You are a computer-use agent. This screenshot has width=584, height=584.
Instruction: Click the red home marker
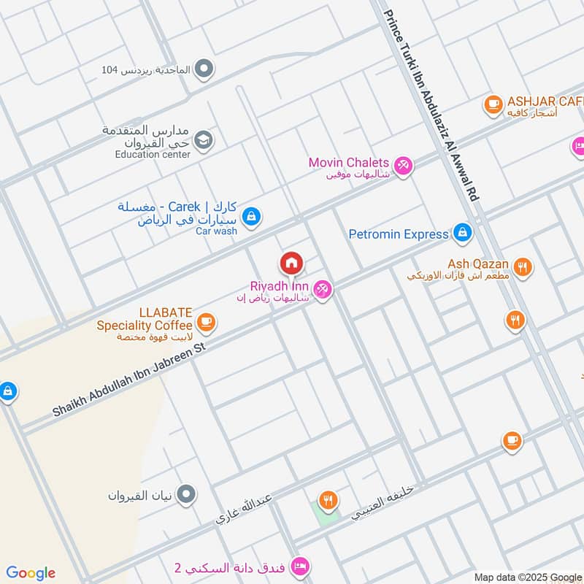pos(291,262)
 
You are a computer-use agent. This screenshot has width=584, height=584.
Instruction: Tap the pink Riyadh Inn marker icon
pos(323,290)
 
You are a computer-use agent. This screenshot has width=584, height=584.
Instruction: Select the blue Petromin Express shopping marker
pos(461,234)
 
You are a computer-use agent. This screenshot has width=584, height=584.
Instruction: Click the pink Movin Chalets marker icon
pos(403,165)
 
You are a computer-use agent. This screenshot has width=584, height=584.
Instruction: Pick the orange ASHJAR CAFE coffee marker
pos(493,104)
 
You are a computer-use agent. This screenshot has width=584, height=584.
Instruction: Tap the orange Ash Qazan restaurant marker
pos(522,266)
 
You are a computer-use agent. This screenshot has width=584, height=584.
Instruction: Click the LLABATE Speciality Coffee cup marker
pos(207,321)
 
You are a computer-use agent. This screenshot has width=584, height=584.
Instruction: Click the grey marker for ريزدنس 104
pos(205,70)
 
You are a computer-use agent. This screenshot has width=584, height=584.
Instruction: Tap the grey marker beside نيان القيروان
pos(188,495)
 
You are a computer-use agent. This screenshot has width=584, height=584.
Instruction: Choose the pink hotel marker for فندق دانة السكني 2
pos(299,566)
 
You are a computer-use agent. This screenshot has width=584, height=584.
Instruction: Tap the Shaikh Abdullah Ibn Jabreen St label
pos(131,381)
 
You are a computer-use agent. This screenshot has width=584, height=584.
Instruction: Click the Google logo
pos(31,573)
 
